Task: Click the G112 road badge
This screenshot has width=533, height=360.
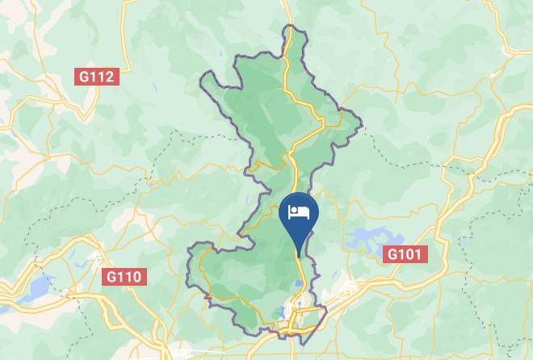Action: [x=97, y=77]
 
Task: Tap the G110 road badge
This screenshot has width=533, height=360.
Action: [x=124, y=277]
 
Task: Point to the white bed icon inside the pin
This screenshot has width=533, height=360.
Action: [x=299, y=212]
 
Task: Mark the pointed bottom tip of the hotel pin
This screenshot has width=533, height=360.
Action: [x=299, y=256]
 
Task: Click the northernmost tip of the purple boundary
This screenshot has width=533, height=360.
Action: [x=289, y=27]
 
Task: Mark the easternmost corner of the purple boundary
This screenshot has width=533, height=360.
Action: [x=360, y=125]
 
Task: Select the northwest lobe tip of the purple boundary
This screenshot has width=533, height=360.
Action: [x=203, y=77]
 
